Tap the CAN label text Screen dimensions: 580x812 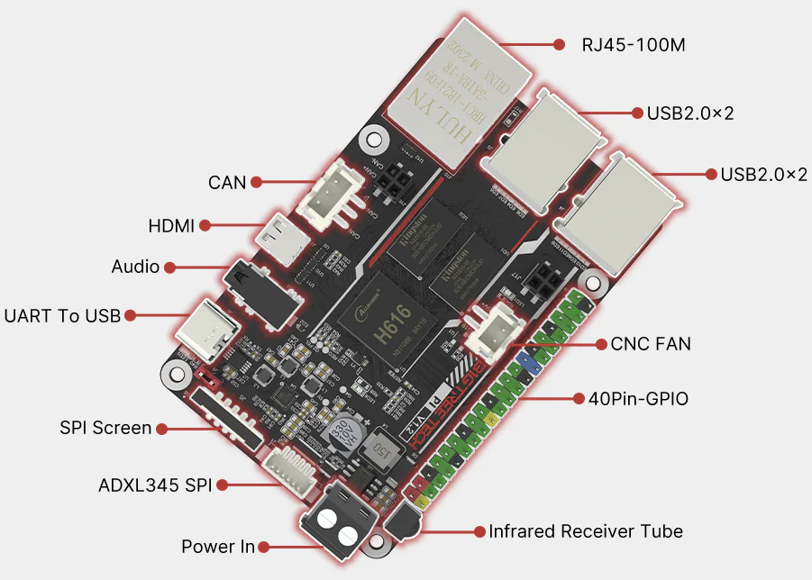tap(227, 183)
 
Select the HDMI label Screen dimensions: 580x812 tap(171, 225)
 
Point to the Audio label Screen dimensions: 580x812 tap(135, 267)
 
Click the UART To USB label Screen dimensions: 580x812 tap(62, 316)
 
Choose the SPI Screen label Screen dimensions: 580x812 tap(105, 428)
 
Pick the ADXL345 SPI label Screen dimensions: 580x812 tap(155, 485)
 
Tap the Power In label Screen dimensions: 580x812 tap(218, 547)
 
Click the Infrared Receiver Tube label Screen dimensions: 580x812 tap(586, 531)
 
